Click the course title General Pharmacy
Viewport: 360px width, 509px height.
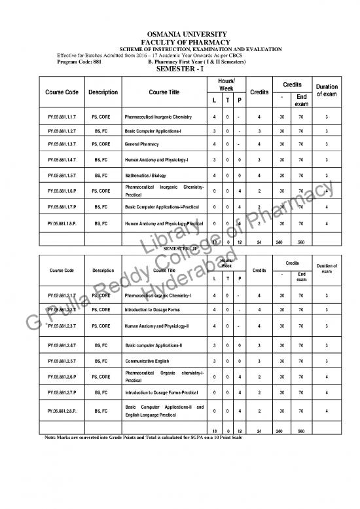pyautogui.click(x=143, y=145)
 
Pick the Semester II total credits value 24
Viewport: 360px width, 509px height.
pyautogui.click(x=260, y=431)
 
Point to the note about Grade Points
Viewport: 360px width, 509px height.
pyautogui.click(x=157, y=438)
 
